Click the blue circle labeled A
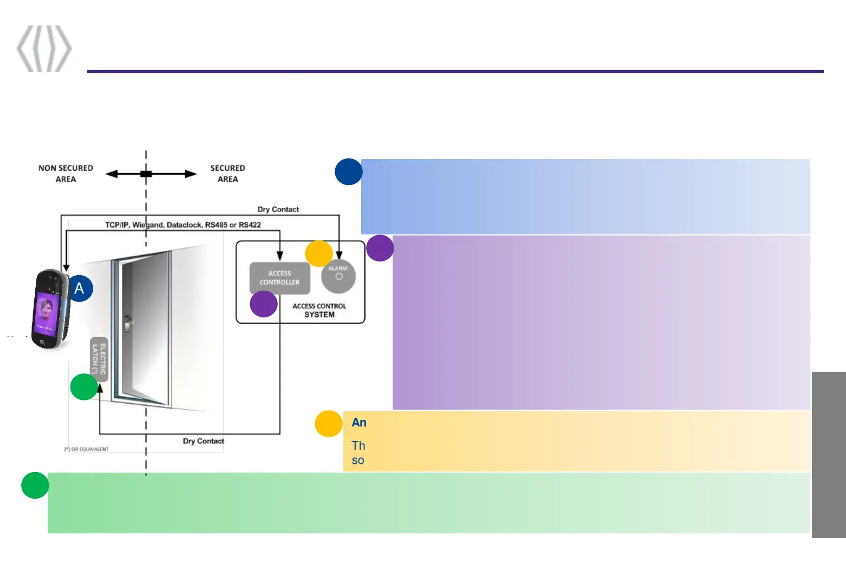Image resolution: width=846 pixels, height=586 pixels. [x=80, y=288]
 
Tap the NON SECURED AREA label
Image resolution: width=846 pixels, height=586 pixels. [x=66, y=174]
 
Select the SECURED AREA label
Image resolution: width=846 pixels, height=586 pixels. [x=228, y=174]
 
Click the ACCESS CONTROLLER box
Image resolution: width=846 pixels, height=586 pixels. [x=279, y=278]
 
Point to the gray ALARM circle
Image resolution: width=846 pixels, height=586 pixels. [x=338, y=276]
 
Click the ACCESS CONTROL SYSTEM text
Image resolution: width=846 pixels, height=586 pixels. [x=319, y=310]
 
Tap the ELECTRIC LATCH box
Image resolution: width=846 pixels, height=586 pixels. [x=99, y=359]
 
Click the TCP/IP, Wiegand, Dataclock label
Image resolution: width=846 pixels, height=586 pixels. [x=183, y=225]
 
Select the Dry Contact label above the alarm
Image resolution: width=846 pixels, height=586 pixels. [x=278, y=209]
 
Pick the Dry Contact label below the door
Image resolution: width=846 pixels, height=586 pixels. [x=203, y=441]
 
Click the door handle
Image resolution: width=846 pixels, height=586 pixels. [x=128, y=324]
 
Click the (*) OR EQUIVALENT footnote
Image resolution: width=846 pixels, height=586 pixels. [x=87, y=449]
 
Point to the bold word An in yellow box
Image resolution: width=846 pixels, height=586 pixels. [x=359, y=423]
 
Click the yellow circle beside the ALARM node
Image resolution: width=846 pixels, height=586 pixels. [x=319, y=253]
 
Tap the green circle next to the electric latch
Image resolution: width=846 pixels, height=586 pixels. [x=84, y=387]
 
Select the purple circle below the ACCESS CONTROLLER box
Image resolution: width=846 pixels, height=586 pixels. [x=264, y=304]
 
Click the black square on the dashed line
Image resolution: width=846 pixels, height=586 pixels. [x=146, y=174]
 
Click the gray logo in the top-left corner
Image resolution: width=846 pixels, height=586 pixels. [x=44, y=48]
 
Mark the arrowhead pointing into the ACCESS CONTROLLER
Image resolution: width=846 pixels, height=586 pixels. [x=280, y=256]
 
